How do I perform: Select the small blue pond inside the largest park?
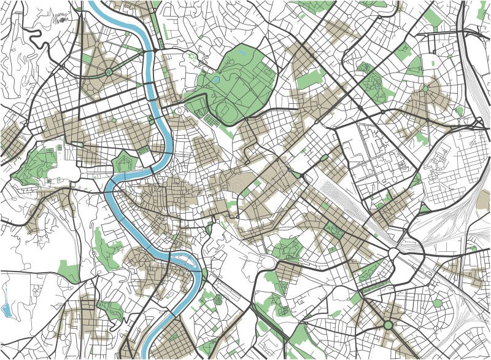coord(215,79)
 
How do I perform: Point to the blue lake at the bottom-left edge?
coord(6,309)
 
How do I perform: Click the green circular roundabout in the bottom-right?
coord(388,324)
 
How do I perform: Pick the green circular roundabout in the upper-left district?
coord(109,72)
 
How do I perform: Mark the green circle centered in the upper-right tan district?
coord(425,89)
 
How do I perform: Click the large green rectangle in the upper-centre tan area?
coord(311,79)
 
